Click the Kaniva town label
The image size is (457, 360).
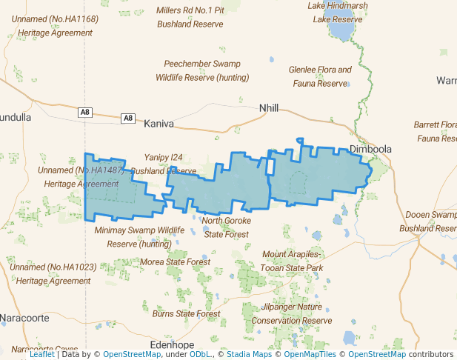(158, 124)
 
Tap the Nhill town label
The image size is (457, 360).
(269, 108)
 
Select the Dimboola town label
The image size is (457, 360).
(370, 149)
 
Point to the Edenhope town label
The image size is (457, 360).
(171, 345)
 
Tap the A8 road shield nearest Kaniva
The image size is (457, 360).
(128, 118)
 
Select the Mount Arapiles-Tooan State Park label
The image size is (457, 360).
(293, 261)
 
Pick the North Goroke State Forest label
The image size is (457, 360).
(226, 227)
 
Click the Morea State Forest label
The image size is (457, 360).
(176, 261)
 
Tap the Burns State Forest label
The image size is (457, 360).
(186, 314)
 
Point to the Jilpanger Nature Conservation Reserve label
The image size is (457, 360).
(292, 313)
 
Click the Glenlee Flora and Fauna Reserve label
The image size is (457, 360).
(320, 77)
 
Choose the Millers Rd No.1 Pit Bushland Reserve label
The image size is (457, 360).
(190, 17)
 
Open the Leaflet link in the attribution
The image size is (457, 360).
(41, 354)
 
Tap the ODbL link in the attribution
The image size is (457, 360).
(200, 354)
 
